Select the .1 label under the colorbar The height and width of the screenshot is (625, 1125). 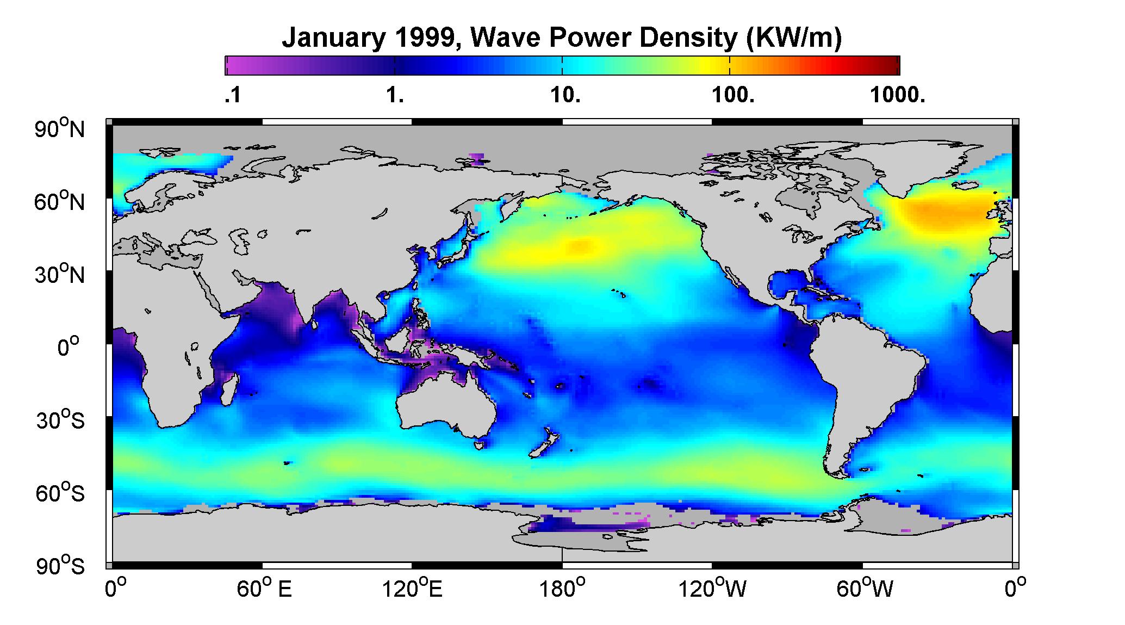232,95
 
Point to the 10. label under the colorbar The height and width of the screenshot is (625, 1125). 565,95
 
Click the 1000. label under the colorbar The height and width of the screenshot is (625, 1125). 897,95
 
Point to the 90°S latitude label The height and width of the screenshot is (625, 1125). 60,566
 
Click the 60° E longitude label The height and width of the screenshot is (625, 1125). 264,589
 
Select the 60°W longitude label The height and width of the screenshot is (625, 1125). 864,589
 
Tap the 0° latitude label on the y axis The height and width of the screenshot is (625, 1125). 69,346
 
